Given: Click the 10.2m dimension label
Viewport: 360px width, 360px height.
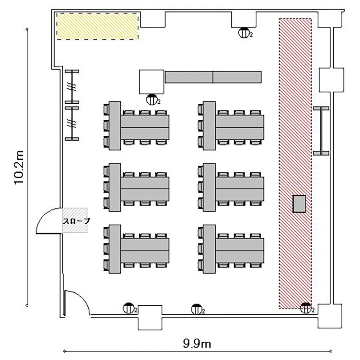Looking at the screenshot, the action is click(x=19, y=167).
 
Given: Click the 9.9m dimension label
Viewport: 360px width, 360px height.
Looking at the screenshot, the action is click(x=197, y=344).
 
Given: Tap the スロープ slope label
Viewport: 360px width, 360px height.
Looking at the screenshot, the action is click(x=76, y=221).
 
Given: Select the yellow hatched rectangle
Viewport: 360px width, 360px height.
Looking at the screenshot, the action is click(x=97, y=26).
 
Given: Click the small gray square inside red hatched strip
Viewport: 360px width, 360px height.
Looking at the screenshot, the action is click(x=300, y=204).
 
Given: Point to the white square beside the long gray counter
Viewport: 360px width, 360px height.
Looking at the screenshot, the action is click(x=152, y=82).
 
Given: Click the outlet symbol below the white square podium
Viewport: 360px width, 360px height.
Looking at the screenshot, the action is click(x=152, y=100).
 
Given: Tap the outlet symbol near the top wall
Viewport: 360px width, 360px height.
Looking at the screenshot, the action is click(x=244, y=33).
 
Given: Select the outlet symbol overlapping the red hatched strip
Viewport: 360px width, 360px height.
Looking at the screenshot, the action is click(x=307, y=308).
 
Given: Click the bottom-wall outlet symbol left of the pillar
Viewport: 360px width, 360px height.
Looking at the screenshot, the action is click(x=129, y=308).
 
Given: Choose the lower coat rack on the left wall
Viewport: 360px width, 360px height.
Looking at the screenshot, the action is click(x=72, y=123).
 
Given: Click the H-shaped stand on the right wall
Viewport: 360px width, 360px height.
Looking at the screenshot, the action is click(x=321, y=131).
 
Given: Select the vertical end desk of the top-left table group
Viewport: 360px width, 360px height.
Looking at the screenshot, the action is click(x=115, y=126).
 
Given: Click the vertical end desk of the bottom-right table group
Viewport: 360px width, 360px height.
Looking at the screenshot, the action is click(x=209, y=249).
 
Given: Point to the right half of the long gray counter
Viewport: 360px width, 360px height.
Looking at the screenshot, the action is click(x=237, y=77).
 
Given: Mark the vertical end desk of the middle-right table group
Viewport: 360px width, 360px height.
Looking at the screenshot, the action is click(x=209, y=187).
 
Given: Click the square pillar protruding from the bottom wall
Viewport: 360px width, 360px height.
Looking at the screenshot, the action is click(x=150, y=318).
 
